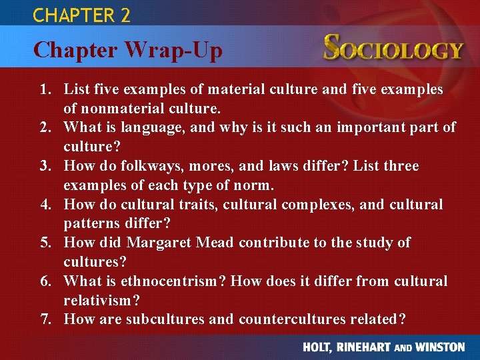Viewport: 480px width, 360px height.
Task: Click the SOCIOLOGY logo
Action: pyautogui.click(x=393, y=49)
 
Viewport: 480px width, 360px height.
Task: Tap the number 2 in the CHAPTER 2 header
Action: pyautogui.click(x=125, y=15)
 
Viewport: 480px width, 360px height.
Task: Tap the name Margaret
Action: pyautogui.click(x=158, y=242)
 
